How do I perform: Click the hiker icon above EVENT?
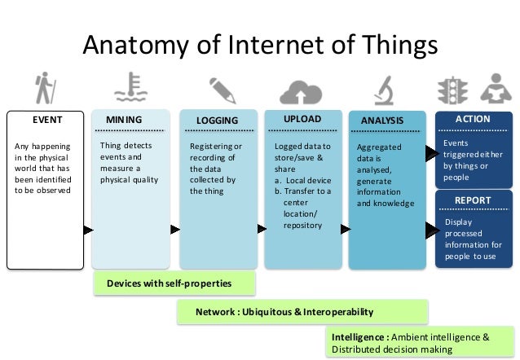point(44,89)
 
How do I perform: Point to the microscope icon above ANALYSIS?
point(384,89)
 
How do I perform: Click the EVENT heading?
point(46,120)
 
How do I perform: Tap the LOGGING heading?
point(217,121)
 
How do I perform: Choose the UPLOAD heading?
point(302,120)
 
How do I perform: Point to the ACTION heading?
point(473,119)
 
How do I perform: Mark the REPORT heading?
point(472,200)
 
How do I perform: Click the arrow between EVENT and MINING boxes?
point(87,230)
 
